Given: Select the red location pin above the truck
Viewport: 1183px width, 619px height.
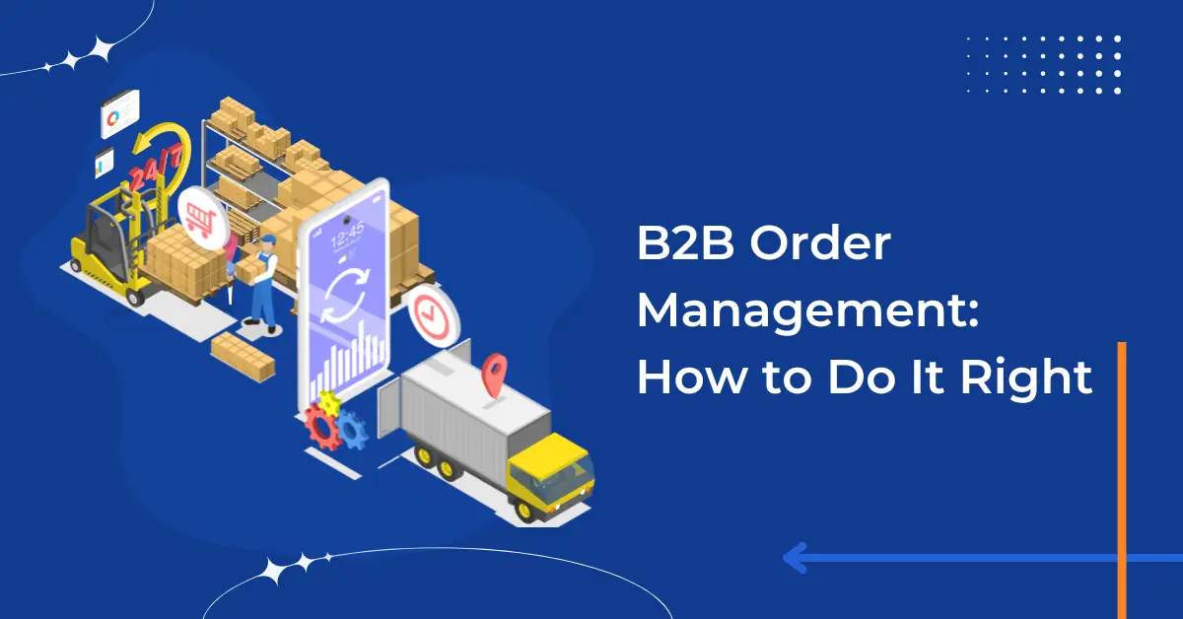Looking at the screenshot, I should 493,376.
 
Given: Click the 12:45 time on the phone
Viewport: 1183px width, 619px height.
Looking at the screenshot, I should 346,234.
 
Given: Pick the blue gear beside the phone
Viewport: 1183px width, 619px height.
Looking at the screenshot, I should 351,430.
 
